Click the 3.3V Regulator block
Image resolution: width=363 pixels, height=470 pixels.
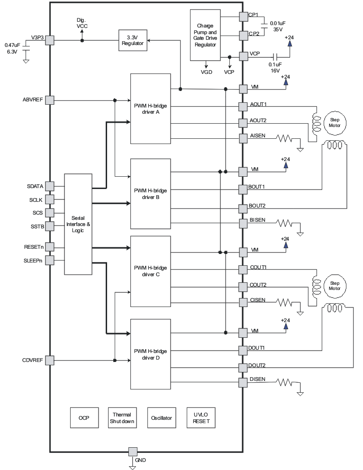coord(133,40)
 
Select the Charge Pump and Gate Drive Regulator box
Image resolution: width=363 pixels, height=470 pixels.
coord(205,35)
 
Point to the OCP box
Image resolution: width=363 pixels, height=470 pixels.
coord(83,418)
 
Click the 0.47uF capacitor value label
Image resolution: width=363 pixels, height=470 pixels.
coord(12,45)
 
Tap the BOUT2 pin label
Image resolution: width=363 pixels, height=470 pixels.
coord(257,205)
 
